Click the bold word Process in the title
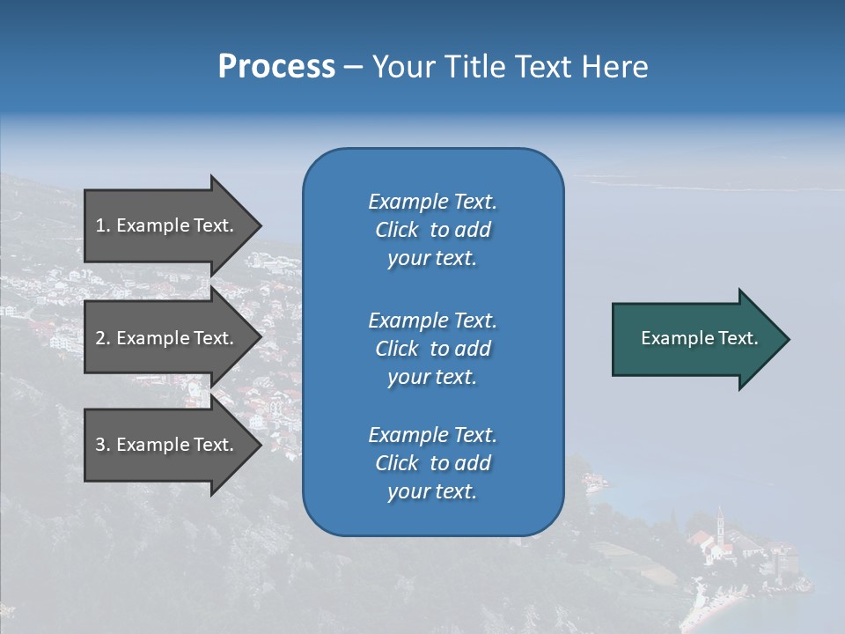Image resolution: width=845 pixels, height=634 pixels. [276, 66]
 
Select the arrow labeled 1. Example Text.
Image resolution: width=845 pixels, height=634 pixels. [167, 225]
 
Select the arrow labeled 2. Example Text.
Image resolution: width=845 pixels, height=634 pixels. [167, 338]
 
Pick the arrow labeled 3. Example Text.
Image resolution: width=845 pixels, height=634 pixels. [167, 445]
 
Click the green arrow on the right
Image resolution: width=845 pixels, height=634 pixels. [695, 339]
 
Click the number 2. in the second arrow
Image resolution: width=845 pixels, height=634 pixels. [103, 338]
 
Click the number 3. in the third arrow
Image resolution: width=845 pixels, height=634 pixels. [103, 445]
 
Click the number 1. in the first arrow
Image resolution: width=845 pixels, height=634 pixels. [103, 225]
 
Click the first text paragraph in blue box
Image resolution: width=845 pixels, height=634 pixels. [432, 230]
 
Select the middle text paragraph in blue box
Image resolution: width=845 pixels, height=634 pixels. [432, 349]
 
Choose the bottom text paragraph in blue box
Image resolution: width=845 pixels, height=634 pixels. [432, 463]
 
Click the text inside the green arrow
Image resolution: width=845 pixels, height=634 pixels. [700, 338]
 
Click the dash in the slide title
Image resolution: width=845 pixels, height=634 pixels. [354, 67]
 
